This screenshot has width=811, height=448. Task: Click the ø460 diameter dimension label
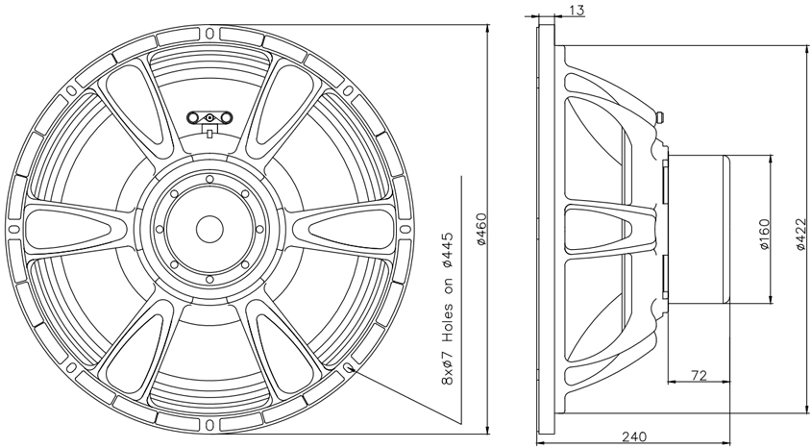pos(481,229)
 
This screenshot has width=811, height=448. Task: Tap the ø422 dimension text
pos(800,235)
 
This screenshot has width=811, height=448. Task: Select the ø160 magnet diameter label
pos(765,234)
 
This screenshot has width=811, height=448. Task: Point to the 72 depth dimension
pos(699,375)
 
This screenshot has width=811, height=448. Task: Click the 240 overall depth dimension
pos(633,437)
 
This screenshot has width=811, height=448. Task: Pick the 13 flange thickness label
pos(578,10)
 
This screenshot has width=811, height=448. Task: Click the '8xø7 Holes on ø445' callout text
pos(448,309)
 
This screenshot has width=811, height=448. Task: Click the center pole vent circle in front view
pos(209,228)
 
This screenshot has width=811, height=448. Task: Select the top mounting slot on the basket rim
pos(209,34)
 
